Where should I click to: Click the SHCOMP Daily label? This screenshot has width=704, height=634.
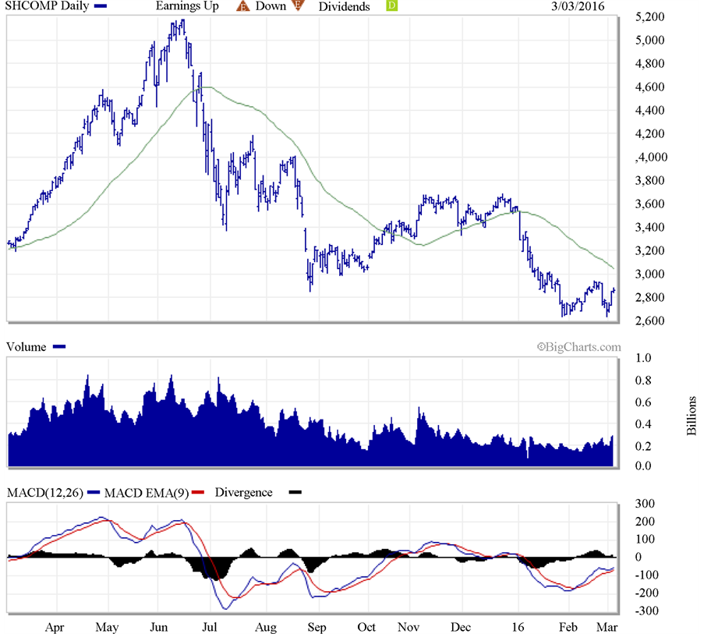[44, 6]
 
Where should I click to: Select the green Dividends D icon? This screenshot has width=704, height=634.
[392, 6]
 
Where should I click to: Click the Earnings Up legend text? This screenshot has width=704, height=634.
[187, 6]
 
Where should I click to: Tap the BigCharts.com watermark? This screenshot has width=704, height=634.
[578, 347]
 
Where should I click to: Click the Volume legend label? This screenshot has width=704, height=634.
[26, 347]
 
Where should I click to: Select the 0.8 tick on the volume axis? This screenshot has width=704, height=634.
[644, 381]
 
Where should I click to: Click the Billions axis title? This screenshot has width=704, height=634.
[692, 413]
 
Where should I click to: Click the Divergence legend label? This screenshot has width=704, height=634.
[243, 493]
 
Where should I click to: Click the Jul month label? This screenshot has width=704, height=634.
[209, 626]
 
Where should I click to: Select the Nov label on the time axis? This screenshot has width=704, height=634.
[407, 626]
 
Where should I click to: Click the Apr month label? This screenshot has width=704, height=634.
[55, 626]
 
